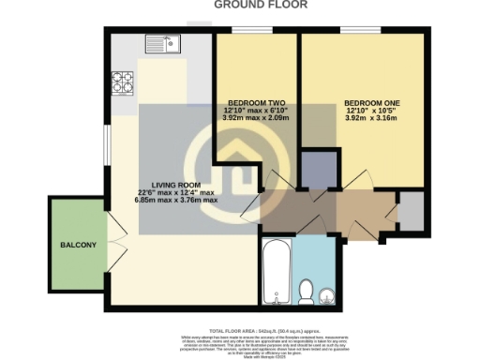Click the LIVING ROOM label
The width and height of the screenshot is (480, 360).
177,185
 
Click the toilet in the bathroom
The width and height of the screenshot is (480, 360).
307,292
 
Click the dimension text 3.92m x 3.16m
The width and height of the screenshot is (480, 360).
370,120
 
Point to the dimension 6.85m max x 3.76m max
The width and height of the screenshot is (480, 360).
176,201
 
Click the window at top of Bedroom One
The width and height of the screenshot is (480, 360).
353,32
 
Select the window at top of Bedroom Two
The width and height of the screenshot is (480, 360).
247,32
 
